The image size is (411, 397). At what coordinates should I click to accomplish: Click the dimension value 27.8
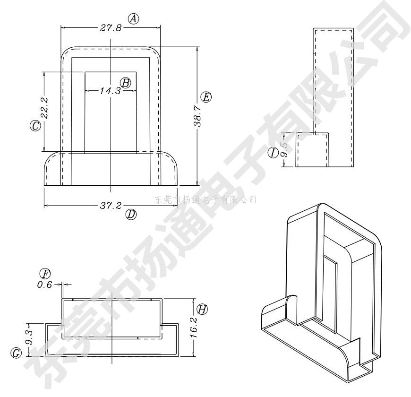click(x=111, y=28)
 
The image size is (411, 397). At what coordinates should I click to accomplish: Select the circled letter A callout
click(x=135, y=19)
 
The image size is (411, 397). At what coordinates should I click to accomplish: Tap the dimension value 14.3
click(x=111, y=90)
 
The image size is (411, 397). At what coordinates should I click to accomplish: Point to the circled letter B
click(x=125, y=82)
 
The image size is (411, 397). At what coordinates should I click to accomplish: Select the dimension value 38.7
click(x=197, y=116)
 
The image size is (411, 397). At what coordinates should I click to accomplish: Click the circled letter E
click(x=206, y=97)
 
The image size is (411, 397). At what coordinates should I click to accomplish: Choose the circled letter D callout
click(x=131, y=214)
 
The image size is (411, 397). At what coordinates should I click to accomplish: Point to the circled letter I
click(x=273, y=153)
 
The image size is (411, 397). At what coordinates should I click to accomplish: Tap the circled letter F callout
click(x=45, y=274)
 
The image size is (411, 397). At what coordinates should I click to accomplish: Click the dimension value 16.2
click(x=194, y=327)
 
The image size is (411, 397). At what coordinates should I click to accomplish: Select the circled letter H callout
click(x=202, y=310)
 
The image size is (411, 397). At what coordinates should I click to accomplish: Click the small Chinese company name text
click(x=205, y=199)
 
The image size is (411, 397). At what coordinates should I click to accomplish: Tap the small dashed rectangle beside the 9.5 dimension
click(x=312, y=150)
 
